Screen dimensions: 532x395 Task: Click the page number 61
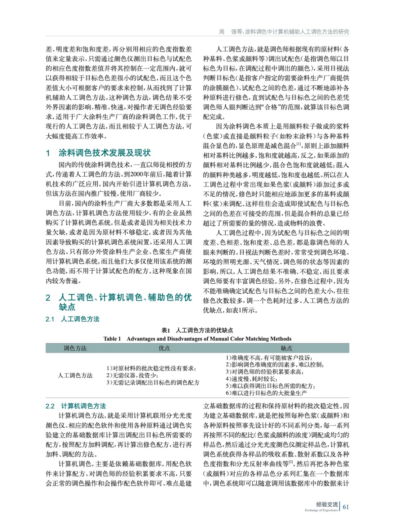(346, 507)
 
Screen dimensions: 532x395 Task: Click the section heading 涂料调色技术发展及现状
(104, 153)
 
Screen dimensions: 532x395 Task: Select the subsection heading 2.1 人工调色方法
(73, 319)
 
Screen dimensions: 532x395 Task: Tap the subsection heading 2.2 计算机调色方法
(76, 406)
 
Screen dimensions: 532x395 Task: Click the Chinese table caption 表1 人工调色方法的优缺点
(197, 330)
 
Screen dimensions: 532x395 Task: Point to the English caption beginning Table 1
(197, 339)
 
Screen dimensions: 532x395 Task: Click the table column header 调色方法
(75, 348)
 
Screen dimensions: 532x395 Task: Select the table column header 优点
(164, 348)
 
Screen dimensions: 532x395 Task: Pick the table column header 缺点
(287, 348)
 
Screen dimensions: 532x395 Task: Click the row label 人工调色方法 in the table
(75, 375)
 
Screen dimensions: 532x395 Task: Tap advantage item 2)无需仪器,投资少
(132, 375)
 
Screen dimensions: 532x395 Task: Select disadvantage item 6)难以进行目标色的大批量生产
(266, 393)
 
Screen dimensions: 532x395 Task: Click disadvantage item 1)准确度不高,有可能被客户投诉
(269, 358)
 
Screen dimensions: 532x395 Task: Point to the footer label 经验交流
(327, 504)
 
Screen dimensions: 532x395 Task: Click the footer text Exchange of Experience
(321, 510)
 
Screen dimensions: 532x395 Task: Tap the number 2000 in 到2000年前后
(137, 174)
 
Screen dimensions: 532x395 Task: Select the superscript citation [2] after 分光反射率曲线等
(291, 462)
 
